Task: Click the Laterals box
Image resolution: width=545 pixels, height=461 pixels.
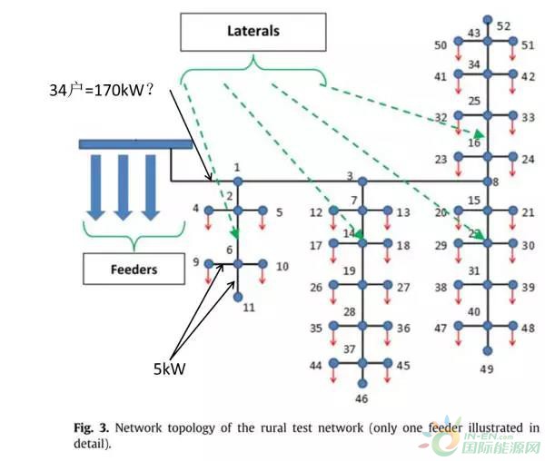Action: click(x=253, y=31)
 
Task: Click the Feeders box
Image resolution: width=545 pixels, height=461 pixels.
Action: click(x=134, y=269)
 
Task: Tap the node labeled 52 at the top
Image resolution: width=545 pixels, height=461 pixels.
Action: click(x=488, y=19)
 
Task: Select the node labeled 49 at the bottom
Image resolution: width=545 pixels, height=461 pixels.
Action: click(x=488, y=350)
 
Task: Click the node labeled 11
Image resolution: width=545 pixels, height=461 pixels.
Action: click(x=238, y=297)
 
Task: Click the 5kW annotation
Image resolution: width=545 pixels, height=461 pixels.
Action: click(x=170, y=369)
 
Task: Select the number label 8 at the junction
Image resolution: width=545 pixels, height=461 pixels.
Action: click(x=496, y=181)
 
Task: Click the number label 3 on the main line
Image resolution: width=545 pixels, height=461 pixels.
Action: click(x=349, y=175)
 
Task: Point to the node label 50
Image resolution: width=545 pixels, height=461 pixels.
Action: click(x=441, y=44)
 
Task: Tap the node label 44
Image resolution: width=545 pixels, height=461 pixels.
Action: click(x=315, y=366)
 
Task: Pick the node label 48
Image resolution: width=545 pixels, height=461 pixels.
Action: click(x=529, y=329)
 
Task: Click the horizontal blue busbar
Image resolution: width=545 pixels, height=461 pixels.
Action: click(x=135, y=143)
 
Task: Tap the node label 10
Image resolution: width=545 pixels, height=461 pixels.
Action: click(x=282, y=267)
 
